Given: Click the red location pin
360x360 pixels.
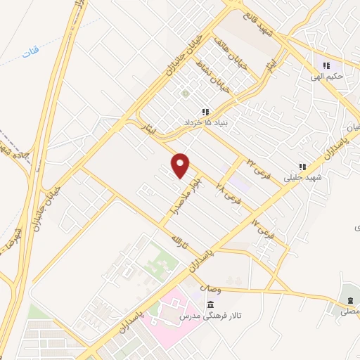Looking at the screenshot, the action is coord(181,165).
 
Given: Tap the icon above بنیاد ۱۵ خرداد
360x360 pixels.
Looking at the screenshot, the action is coord(205,112).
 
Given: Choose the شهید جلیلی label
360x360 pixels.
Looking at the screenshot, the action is coord(302,177).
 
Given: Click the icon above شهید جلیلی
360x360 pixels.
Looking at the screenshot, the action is coord(302,167).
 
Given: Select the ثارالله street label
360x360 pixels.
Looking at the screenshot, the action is coord(180,246).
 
